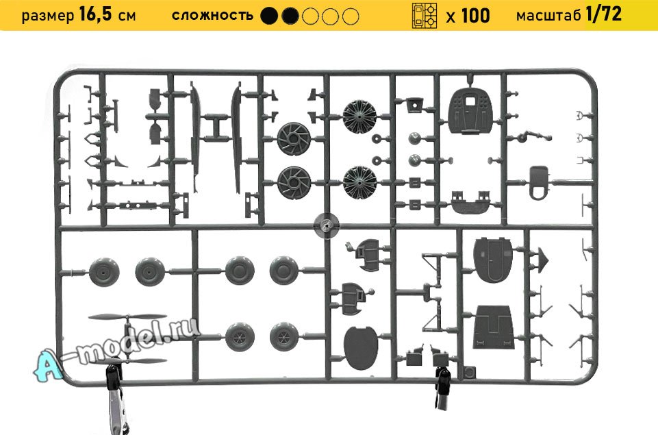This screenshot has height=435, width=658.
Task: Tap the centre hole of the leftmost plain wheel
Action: [x=104, y=272]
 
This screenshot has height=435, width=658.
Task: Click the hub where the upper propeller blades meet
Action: [x=127, y=317]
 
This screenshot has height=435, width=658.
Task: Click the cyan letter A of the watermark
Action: [x=48, y=367]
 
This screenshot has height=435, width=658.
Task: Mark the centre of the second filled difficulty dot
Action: [x=290, y=16]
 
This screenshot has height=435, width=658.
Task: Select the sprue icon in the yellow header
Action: [x=425, y=16]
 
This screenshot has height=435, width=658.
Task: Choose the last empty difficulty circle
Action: [x=351, y=16]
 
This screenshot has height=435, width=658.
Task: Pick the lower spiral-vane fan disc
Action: [x=294, y=182]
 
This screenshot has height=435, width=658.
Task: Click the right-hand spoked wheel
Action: [x=285, y=337]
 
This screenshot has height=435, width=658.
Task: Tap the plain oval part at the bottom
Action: [x=361, y=348]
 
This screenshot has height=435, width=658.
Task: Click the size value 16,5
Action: [x=96, y=15]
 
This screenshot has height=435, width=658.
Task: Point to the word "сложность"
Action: [x=212, y=16]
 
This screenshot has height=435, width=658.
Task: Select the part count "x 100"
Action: [x=468, y=16]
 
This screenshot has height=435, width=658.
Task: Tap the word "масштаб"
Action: [x=548, y=16]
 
